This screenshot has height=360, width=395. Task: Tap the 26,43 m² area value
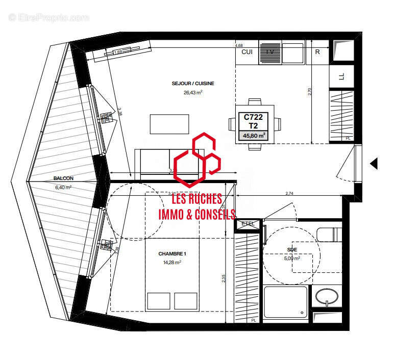193,92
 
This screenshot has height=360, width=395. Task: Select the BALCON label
63,178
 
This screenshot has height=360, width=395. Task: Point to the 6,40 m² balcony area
63,187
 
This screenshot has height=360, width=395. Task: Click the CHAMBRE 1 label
172,254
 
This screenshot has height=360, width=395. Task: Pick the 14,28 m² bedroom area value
172,262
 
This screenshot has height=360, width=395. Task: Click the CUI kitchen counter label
246,52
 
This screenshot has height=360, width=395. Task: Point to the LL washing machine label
342,77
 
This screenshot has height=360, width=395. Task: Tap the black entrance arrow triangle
374,163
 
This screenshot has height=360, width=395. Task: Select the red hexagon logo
197,159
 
